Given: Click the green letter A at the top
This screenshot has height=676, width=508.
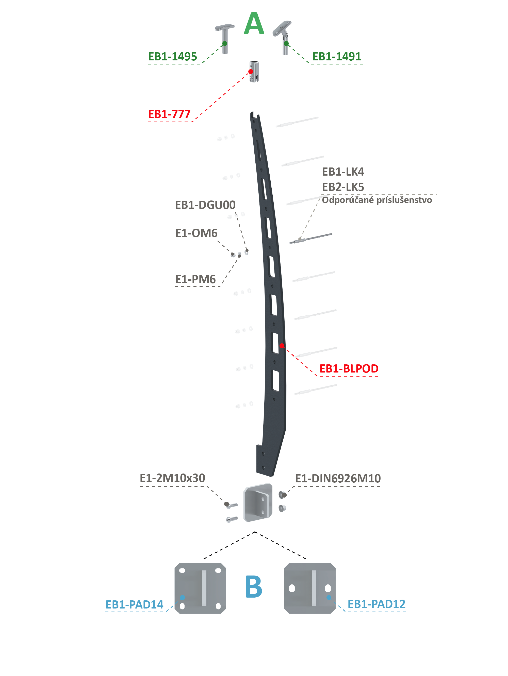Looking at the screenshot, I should pyautogui.click(x=254, y=24).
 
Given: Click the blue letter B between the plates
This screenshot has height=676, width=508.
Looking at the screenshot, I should pyautogui.click(x=254, y=586).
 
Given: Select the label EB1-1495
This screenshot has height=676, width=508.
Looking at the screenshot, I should pyautogui.click(x=172, y=57).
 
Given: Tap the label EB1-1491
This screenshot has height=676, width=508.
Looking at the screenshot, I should pyautogui.click(x=336, y=57).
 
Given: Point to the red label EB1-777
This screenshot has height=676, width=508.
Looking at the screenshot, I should pyautogui.click(x=169, y=114).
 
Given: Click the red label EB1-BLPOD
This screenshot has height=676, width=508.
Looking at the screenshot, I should pyautogui.click(x=349, y=368).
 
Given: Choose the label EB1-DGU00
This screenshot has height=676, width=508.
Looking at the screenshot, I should pyautogui.click(x=205, y=205).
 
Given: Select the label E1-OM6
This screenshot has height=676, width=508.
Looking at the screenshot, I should pyautogui.click(x=196, y=233).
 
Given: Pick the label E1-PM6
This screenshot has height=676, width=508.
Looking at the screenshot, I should pyautogui.click(x=195, y=279).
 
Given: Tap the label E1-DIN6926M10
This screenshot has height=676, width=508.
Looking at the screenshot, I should pyautogui.click(x=338, y=479).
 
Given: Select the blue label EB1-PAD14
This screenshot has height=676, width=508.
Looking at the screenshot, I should pyautogui.click(x=134, y=604).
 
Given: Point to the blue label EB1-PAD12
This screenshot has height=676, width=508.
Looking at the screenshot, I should pyautogui.click(x=376, y=604).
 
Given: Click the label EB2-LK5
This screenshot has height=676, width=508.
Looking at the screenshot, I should pyautogui.click(x=343, y=187).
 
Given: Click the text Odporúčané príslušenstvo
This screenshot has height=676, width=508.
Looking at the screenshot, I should pyautogui.click(x=377, y=200).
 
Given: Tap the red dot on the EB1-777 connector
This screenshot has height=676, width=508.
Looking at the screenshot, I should pyautogui.click(x=251, y=72).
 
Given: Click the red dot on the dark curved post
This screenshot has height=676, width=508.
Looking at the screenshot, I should pyautogui.click(x=282, y=346).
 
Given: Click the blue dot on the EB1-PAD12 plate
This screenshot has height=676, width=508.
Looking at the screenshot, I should pyautogui.click(x=329, y=597).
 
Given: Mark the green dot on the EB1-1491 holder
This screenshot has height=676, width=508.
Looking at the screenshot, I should pyautogui.click(x=286, y=43).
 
